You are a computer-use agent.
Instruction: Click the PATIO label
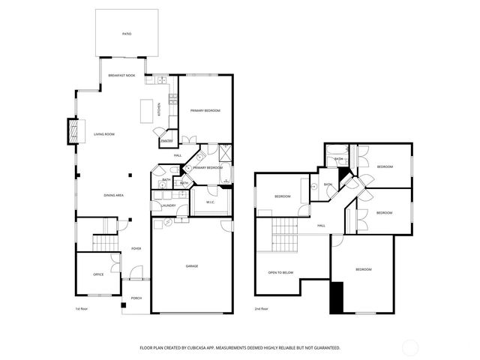click(x=126, y=34)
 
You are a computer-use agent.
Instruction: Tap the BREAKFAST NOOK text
click(x=121, y=76)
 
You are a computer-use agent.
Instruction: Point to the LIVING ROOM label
click(x=103, y=135)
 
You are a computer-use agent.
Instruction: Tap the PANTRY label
click(x=166, y=139)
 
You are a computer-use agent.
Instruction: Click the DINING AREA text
click(x=113, y=195)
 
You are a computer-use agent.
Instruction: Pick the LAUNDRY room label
click(x=168, y=205)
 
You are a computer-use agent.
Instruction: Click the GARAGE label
click(x=192, y=266)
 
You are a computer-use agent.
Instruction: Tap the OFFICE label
click(x=97, y=274)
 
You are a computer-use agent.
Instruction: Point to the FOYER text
click(x=136, y=248)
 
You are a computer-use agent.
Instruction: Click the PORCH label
click(x=136, y=298)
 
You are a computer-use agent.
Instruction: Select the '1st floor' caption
click(x=81, y=309)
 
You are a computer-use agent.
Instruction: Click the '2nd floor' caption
click(x=261, y=309)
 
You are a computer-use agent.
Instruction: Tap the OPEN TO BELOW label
click(x=280, y=273)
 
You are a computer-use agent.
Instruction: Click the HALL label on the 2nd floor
click(x=321, y=225)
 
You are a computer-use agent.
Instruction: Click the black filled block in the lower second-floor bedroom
click(x=337, y=297)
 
